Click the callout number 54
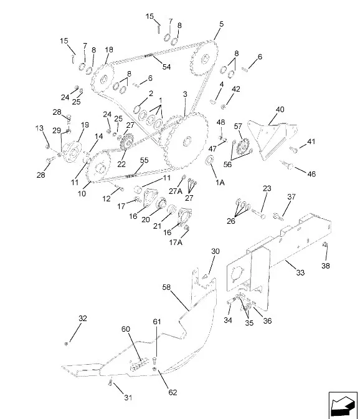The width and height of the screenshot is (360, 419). (166, 67)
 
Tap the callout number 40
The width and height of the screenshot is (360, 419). (280, 109)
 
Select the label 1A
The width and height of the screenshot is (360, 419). (220, 183)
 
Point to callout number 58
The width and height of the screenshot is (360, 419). (166, 287)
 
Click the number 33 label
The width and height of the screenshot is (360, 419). (300, 272)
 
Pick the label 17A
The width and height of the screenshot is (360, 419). (176, 243)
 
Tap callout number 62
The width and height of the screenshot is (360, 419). (173, 392)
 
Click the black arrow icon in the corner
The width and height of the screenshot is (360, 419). (343, 405)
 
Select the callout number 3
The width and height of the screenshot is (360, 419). (185, 94)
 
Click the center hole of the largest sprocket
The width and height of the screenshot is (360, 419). (187, 140)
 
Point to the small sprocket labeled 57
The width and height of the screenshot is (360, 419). (242, 147)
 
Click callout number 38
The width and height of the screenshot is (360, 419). (326, 266)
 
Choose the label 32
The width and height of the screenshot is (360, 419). (83, 318)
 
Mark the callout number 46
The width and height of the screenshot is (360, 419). (311, 174)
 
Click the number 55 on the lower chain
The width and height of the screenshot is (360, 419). (144, 160)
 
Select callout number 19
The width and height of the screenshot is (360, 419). (85, 125)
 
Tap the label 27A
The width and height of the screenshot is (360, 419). (176, 191)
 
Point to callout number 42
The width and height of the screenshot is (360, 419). (236, 89)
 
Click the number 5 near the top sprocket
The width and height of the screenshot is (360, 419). (222, 24)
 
